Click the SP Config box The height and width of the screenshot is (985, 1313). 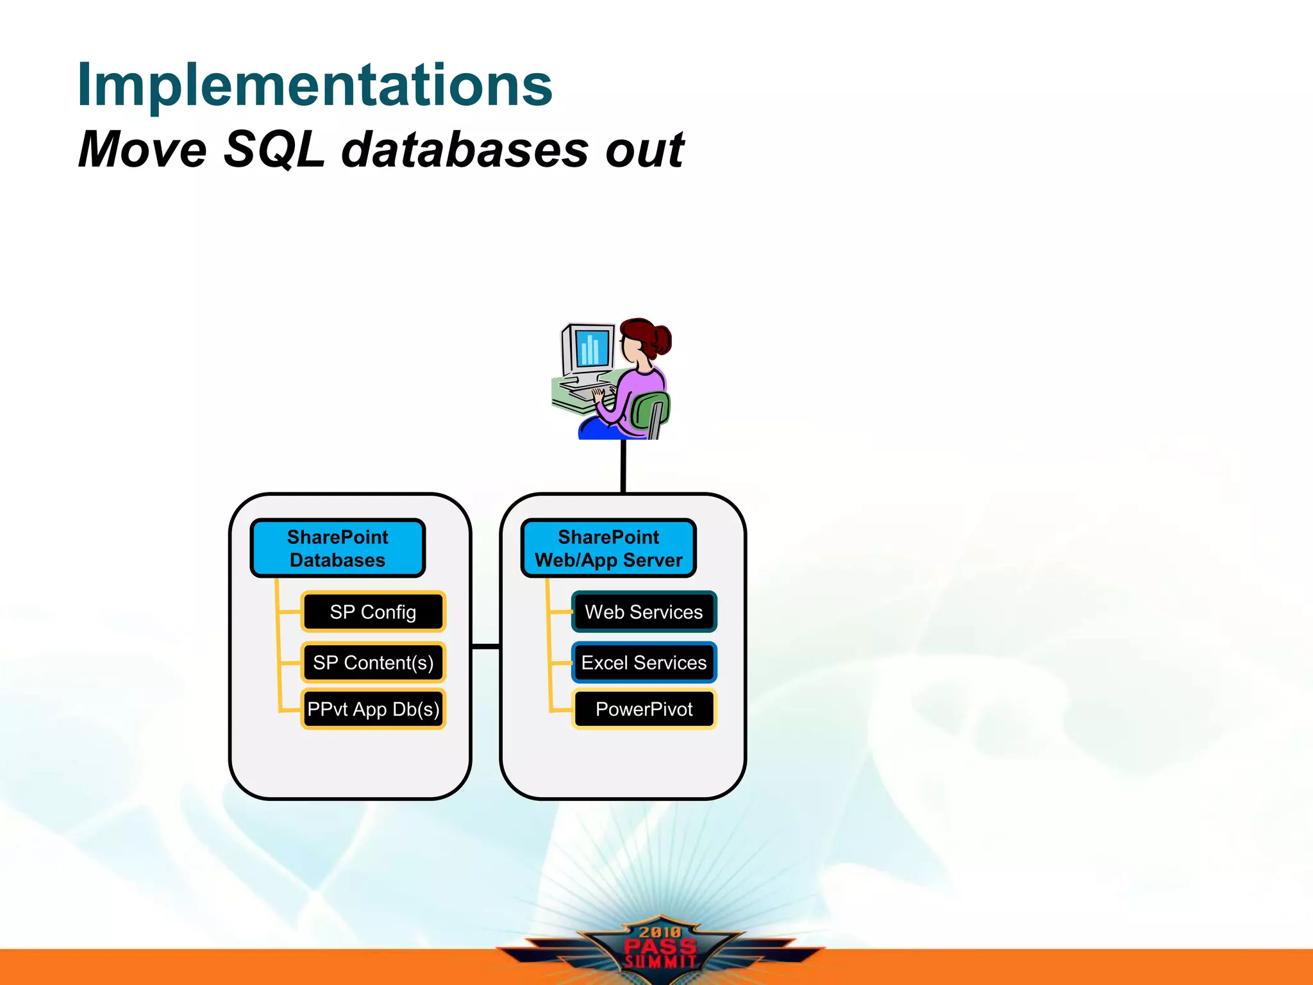(x=373, y=612)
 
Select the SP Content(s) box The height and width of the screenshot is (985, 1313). (x=373, y=662)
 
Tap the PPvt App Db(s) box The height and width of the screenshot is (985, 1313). (x=373, y=709)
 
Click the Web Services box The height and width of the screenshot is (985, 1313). (x=644, y=612)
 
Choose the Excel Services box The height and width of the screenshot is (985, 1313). (x=644, y=662)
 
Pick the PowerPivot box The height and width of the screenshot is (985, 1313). (x=644, y=709)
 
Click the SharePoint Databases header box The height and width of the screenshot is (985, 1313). (x=338, y=548)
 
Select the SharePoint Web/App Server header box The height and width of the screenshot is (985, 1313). (x=608, y=548)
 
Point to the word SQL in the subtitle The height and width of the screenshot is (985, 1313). (x=274, y=149)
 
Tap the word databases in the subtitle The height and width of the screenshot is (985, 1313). (x=465, y=149)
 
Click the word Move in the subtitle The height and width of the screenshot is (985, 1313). (x=142, y=149)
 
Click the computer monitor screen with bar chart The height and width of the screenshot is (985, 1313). (x=592, y=348)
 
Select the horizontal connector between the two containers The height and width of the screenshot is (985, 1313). (x=485, y=646)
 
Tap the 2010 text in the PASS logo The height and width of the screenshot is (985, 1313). (x=660, y=932)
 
